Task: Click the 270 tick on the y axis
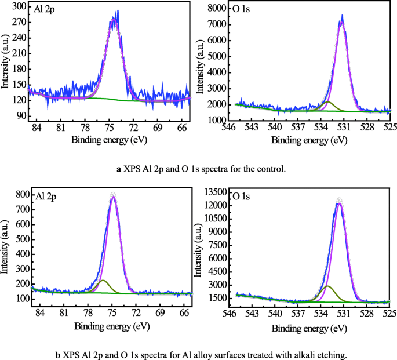coord(20,23)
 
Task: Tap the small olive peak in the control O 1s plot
coord(328,103)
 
